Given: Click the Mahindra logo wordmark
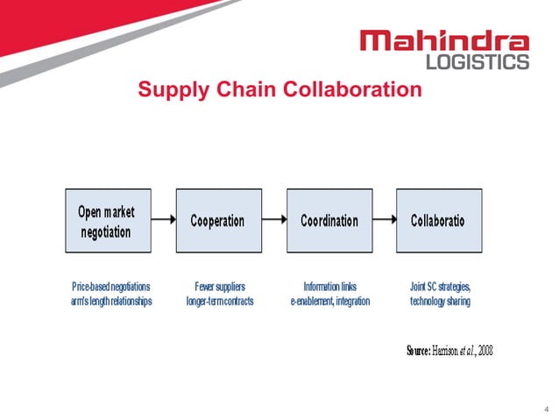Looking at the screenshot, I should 445,41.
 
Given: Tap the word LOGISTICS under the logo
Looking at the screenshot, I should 478,62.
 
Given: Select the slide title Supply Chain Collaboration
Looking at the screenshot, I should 279,90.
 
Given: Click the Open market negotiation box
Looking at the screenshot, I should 106,221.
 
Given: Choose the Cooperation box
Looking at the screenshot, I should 217,221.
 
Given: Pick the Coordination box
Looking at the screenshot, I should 329,221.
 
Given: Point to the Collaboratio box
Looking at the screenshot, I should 438,221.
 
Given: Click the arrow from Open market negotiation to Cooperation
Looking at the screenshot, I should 161,221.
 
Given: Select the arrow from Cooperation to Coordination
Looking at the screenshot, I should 272,221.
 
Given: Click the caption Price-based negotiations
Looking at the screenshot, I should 111,286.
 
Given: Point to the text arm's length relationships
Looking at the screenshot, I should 111,302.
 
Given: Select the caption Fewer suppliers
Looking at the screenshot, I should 219,286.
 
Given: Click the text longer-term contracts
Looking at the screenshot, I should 219,302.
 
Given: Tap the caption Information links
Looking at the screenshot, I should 329,286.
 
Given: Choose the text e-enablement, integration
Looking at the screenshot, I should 329,302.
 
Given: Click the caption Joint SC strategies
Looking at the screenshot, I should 441,286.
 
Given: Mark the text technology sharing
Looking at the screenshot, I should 440,302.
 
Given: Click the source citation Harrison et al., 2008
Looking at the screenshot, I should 450,352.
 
